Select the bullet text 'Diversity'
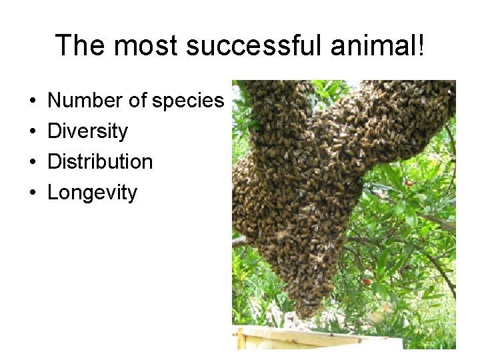click(x=87, y=131)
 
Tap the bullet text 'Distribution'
click(x=100, y=161)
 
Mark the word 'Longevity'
click(x=92, y=193)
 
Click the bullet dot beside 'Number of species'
click(x=32, y=101)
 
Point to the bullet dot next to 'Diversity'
click(x=32, y=132)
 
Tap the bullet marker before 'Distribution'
click(x=32, y=163)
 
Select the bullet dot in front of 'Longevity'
click(x=32, y=193)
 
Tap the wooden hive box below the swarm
click(x=313, y=339)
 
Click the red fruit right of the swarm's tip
click(x=367, y=281)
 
